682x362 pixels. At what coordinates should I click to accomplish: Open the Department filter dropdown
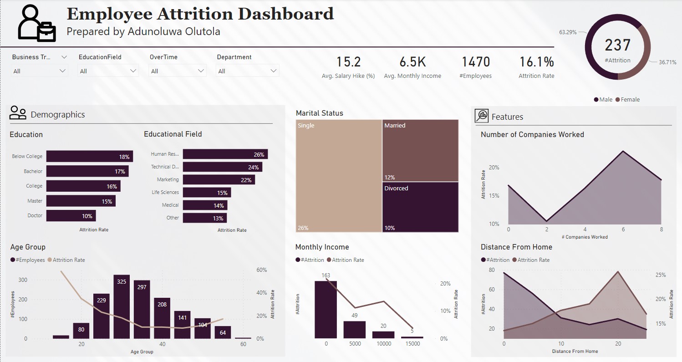248,71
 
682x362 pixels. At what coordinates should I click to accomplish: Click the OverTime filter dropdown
177,71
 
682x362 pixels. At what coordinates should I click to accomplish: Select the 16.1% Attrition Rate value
536,62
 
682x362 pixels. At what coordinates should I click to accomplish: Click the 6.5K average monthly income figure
412,62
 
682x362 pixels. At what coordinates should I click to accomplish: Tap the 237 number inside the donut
618,45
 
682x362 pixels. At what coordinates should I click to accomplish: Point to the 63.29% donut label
568,32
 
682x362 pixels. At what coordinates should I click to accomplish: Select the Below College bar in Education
89,157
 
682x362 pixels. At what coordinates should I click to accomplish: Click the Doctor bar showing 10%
71,216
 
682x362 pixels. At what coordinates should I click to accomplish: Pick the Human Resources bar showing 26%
225,154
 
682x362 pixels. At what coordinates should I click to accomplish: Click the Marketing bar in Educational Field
219,180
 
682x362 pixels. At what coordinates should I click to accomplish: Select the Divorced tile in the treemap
420,207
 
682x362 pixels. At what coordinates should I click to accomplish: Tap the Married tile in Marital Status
420,150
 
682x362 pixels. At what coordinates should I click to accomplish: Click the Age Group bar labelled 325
122,306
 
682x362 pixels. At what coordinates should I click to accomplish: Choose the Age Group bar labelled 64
223,332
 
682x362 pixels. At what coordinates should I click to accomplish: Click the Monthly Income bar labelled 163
326,309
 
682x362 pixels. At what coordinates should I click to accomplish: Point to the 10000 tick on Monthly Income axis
384,344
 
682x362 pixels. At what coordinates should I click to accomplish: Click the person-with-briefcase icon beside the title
36,24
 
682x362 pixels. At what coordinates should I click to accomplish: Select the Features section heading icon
481,116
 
